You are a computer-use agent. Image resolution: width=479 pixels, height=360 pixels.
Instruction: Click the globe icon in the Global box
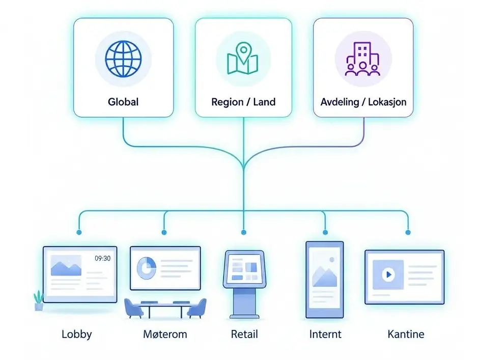(123, 59)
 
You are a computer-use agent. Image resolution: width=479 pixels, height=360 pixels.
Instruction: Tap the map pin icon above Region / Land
(243, 58)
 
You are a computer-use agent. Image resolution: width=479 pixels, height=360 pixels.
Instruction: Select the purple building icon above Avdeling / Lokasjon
(362, 59)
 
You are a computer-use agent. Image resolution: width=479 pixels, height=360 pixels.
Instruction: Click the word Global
(123, 102)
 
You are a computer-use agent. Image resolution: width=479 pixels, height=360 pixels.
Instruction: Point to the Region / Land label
(243, 102)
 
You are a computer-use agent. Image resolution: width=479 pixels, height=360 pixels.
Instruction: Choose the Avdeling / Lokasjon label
(363, 102)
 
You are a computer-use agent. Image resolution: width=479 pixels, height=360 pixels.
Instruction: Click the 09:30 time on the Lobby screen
(103, 259)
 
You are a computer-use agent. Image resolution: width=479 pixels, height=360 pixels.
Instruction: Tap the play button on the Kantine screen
(388, 274)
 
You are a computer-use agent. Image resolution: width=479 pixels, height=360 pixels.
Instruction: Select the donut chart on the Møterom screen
(146, 268)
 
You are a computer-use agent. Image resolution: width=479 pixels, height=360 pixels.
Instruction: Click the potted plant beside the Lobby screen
(39, 300)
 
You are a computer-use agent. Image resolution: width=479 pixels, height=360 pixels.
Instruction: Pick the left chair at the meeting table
(134, 308)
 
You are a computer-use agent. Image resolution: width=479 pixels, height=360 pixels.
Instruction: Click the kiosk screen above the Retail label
(244, 269)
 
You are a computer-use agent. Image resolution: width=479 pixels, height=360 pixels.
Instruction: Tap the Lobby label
(77, 335)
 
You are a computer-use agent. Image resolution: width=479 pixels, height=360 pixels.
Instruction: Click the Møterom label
(165, 335)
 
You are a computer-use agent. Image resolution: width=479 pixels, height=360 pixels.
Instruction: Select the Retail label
(244, 335)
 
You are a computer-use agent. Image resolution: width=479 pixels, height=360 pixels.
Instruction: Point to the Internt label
(325, 335)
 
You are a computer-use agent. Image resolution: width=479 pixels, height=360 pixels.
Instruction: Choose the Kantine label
(406, 335)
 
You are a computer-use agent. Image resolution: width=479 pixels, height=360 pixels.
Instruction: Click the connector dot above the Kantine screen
(408, 232)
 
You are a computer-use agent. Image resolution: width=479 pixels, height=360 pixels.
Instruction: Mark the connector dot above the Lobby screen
(79, 232)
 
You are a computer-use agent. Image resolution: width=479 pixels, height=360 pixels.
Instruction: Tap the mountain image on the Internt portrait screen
(324, 275)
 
